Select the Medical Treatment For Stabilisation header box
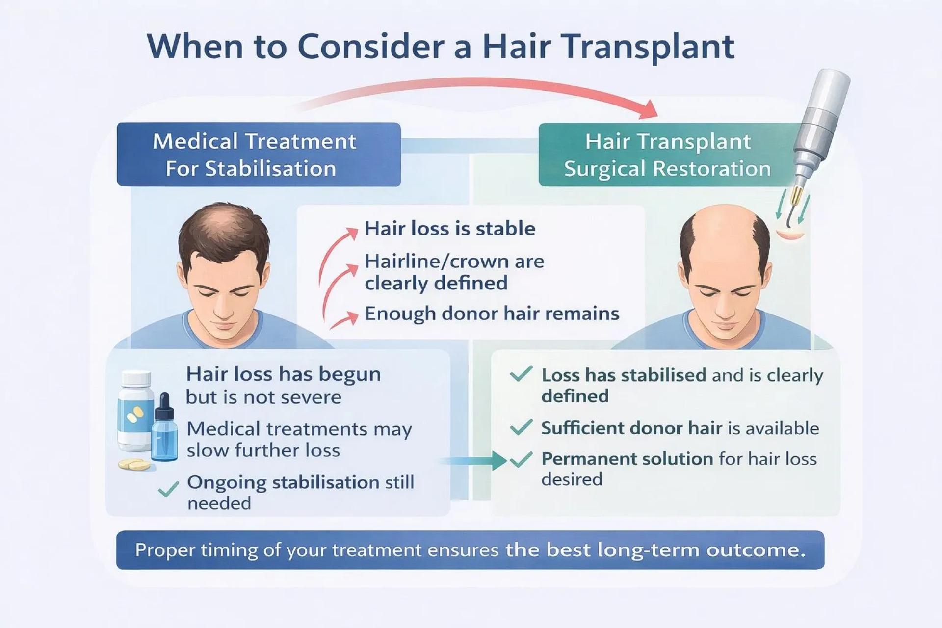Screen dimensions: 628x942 259,155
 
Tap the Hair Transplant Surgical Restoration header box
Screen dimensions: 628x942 667,155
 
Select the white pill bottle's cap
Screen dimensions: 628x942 136,379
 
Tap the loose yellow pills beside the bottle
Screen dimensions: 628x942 134,464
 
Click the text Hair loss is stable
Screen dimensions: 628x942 449,229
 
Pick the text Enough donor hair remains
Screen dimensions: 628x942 492,314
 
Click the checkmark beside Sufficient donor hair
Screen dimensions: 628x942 521,427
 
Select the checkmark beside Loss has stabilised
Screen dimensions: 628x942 521,374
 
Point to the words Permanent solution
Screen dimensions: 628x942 627,459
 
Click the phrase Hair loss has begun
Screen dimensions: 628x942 283,374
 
